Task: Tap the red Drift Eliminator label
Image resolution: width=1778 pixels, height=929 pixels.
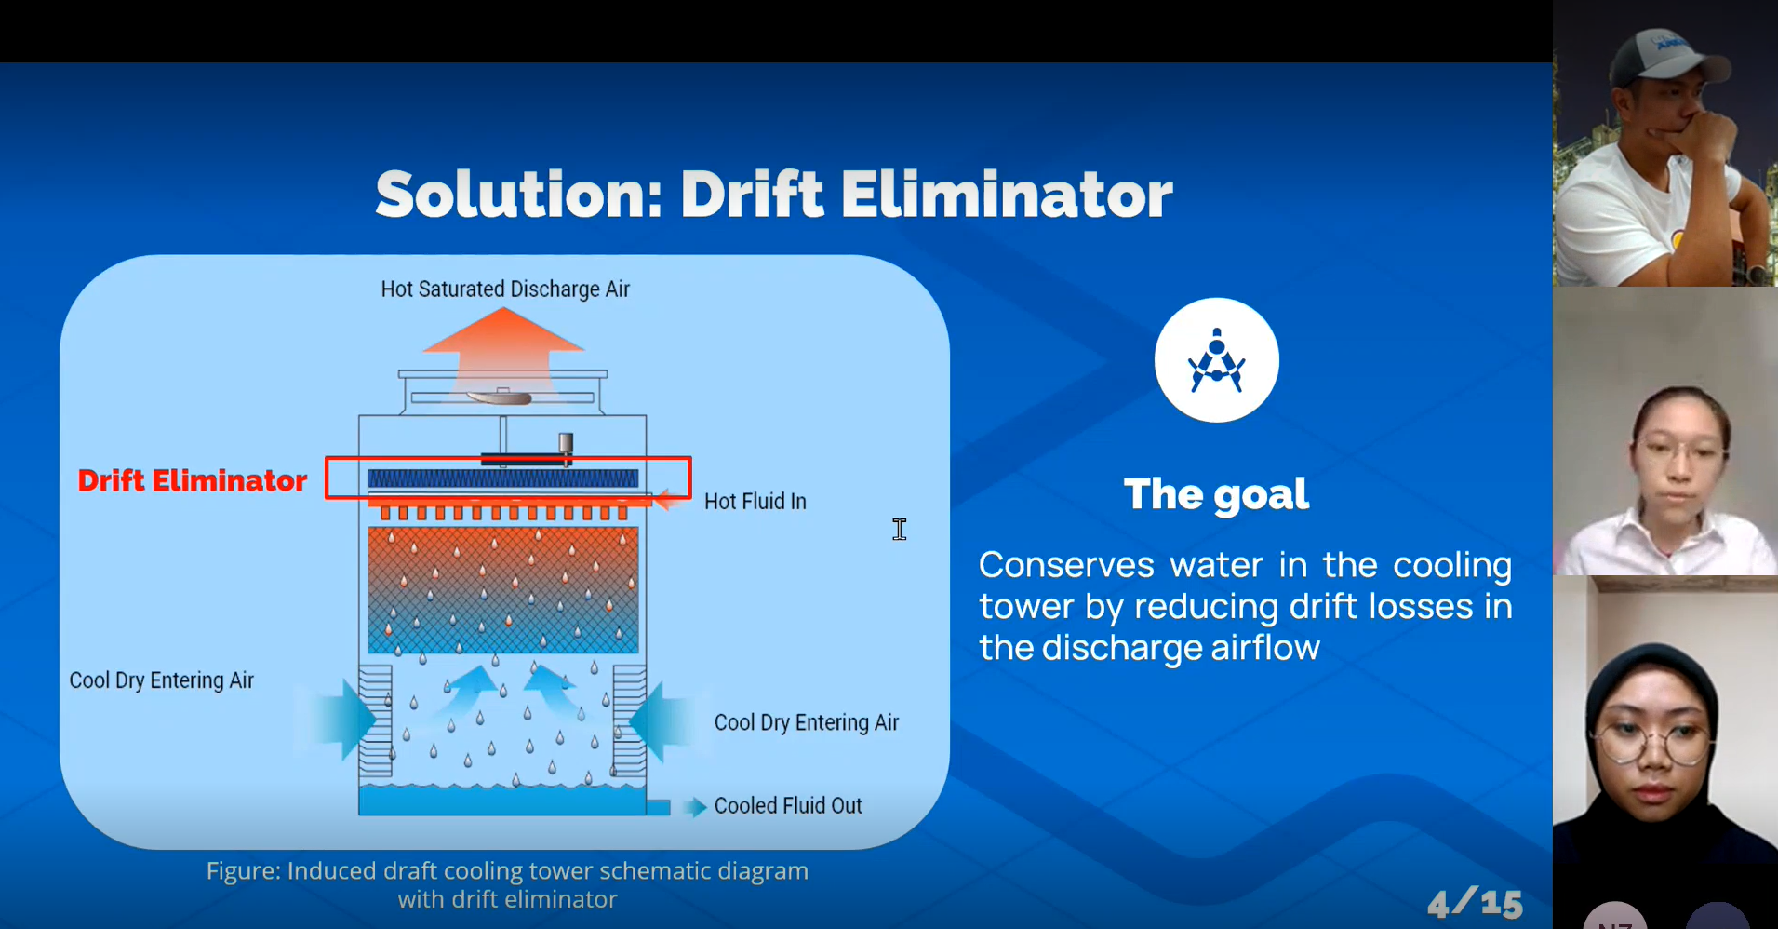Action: coord(192,480)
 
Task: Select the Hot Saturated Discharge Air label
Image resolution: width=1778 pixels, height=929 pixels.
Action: coord(505,289)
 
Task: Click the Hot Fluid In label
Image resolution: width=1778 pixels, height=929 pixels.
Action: coord(755,502)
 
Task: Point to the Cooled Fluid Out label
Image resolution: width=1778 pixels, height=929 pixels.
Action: coord(788,805)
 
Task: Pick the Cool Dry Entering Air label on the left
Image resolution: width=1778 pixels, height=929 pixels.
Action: coord(161,680)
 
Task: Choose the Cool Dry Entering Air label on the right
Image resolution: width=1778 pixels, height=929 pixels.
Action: coord(807,722)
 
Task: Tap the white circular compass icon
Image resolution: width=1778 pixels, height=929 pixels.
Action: coord(1217,360)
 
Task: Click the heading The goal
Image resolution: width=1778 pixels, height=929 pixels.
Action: coord(1216,494)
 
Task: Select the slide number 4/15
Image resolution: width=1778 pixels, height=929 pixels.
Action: coord(1475,902)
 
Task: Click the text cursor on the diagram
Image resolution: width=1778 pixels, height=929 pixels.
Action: coord(900,530)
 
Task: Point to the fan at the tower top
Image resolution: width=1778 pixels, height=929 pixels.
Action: coord(501,397)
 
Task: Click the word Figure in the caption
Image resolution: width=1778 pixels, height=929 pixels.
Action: coord(243,871)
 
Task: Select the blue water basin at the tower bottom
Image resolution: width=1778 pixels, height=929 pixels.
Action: coord(502,801)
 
